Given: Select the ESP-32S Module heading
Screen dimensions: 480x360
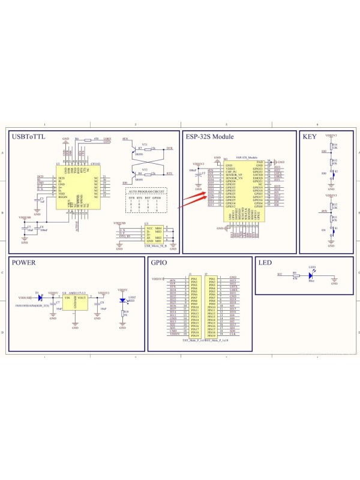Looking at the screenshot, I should tap(209, 137).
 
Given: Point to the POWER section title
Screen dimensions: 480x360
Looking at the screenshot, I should tap(23, 263).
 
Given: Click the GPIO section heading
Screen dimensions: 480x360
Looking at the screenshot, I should tap(159, 263).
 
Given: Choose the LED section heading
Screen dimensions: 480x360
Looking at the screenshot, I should tap(265, 263).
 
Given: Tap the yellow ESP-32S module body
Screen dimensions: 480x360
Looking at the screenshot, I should tap(244, 191).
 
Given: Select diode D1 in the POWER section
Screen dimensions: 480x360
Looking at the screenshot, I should tap(37, 296).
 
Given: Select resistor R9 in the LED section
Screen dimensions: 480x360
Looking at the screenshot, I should tap(295, 275).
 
